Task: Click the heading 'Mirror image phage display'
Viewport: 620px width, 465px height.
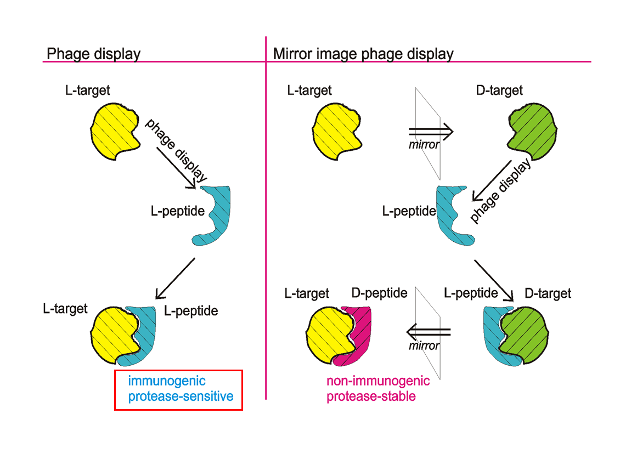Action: point(363,54)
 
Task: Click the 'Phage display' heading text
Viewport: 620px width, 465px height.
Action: point(93,54)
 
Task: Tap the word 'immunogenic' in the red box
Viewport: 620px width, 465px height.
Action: point(167,381)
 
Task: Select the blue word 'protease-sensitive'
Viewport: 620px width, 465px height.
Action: point(181,396)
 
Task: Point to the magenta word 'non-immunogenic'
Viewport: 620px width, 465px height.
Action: point(378,381)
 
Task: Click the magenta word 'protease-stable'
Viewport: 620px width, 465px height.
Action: point(371,396)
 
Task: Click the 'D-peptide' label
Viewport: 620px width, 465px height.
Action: point(379,293)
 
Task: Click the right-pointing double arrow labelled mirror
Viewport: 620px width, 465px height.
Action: point(431,131)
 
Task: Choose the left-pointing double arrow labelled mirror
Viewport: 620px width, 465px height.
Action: point(428,332)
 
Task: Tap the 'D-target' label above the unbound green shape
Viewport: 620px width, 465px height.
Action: point(499,90)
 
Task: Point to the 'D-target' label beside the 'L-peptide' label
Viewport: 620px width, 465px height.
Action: point(548,293)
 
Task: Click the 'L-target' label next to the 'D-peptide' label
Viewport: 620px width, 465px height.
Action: point(307,293)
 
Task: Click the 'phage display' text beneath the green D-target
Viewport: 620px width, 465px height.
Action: point(500,192)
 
